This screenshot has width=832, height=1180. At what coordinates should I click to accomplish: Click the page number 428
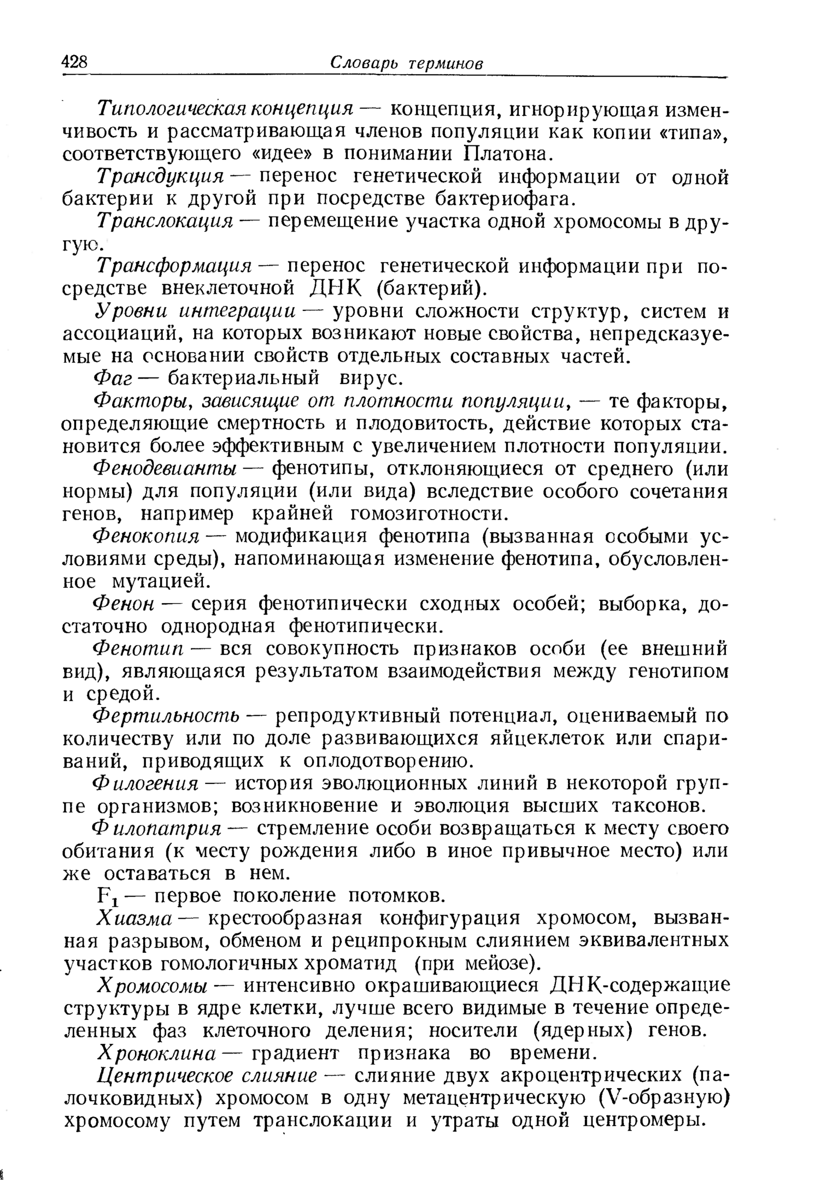pyautogui.click(x=75, y=62)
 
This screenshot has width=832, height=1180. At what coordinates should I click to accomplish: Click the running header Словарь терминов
pyautogui.click(x=407, y=63)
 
